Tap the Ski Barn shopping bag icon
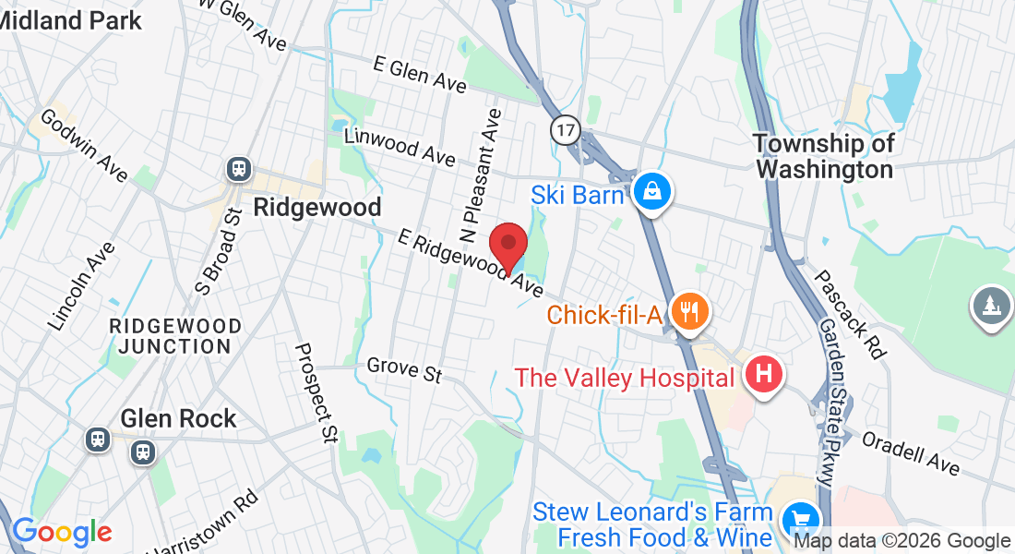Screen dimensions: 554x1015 (x=652, y=192)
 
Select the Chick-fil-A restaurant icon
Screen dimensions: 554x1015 (x=688, y=312)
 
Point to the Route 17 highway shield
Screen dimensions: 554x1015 (x=566, y=130)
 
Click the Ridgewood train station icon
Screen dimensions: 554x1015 (x=239, y=169)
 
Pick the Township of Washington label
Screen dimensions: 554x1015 (x=824, y=157)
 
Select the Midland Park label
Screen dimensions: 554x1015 (x=72, y=19)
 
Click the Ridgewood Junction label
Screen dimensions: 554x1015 (x=174, y=337)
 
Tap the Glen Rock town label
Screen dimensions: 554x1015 (x=178, y=418)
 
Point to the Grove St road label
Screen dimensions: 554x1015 (x=404, y=370)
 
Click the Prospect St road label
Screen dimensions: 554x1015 (x=314, y=392)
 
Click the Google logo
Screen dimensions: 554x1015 (x=62, y=532)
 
